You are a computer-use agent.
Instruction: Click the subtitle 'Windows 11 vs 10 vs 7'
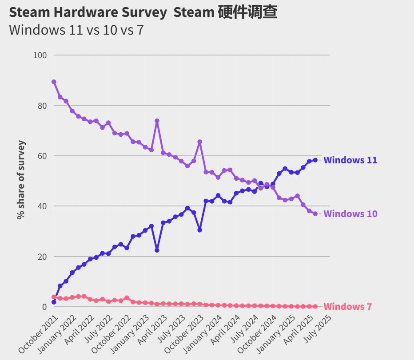coord(76,30)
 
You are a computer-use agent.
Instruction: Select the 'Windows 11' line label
coord(350,160)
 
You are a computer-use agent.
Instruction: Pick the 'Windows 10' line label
coord(350,214)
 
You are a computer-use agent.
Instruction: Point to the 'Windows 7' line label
coord(347,307)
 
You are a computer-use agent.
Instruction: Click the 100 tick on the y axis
coord(40,55)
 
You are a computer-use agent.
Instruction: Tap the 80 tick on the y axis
coord(42,106)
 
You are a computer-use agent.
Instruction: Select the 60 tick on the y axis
coord(42,156)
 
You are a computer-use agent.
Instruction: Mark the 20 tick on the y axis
coord(42,257)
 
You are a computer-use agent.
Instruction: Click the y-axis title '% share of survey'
coord(20,180)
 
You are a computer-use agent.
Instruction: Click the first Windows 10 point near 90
coord(54,82)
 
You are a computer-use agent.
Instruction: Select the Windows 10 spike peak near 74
coord(157,121)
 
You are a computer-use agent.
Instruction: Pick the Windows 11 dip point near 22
coord(157,250)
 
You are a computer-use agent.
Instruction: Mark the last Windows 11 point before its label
coord(315,160)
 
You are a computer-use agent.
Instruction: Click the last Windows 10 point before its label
coord(315,214)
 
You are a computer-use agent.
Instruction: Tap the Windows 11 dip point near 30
coord(200,230)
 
